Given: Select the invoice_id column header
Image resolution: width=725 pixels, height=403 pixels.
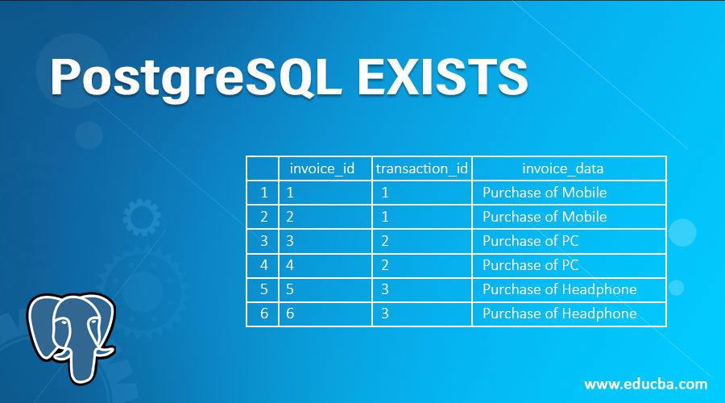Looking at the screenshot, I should [322, 168].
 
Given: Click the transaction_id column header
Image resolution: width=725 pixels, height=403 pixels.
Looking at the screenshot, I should [422, 168].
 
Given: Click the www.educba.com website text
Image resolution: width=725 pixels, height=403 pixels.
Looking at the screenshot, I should [645, 384].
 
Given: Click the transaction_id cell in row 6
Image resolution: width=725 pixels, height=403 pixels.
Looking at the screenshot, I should [422, 314].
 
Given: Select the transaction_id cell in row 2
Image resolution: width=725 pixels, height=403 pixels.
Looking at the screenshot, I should [422, 217].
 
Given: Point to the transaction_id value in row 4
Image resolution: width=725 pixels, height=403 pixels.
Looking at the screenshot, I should [385, 265].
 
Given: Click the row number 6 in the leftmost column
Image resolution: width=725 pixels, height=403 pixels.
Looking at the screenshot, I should [263, 314].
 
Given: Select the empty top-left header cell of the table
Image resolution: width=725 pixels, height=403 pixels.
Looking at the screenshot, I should [263, 168].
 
